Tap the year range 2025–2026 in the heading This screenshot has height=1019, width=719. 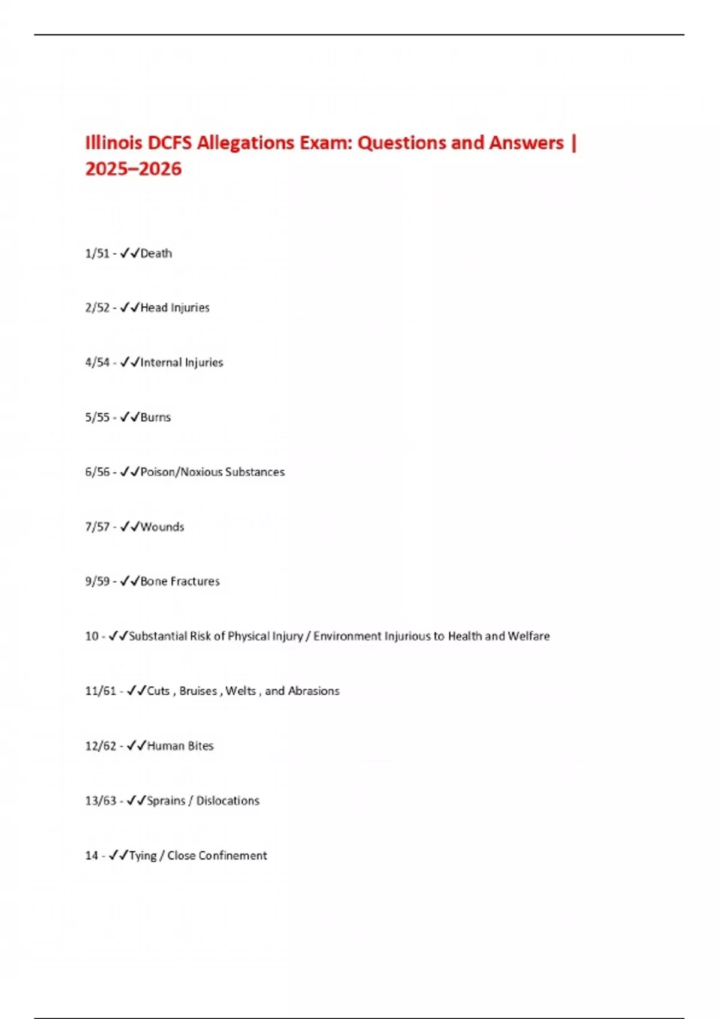(x=133, y=169)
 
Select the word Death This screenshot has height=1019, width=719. (x=156, y=254)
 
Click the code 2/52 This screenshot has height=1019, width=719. (x=97, y=308)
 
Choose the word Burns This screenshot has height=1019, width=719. (x=156, y=417)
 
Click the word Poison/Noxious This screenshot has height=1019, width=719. (x=181, y=472)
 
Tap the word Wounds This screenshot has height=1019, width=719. (x=162, y=527)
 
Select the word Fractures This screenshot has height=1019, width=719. (x=198, y=581)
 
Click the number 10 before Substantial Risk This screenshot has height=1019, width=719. (x=92, y=636)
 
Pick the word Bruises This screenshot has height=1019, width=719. (x=198, y=691)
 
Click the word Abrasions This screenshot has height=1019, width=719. (x=314, y=691)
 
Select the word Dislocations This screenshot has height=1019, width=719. (x=228, y=801)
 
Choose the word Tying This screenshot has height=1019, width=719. (x=143, y=856)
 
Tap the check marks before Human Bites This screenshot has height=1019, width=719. (x=137, y=746)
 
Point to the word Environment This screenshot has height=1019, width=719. (x=347, y=636)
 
